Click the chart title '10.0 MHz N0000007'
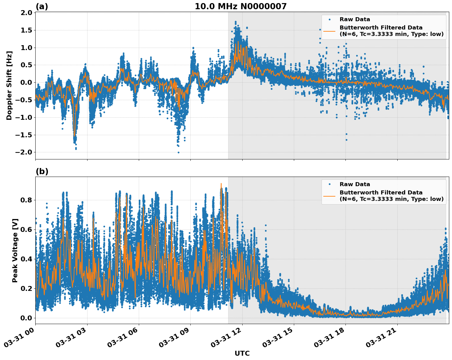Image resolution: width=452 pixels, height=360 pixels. [x=240, y=6]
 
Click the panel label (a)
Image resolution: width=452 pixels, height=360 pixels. [x=42, y=6]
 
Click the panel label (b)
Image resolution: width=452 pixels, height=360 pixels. [x=42, y=171]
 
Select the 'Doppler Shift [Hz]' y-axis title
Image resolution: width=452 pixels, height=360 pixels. [x=9, y=85]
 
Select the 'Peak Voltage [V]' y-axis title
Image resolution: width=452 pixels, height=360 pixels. [x=15, y=250]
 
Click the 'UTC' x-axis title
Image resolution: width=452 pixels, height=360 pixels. [x=242, y=353]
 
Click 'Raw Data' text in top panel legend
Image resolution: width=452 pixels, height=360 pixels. [x=355, y=19]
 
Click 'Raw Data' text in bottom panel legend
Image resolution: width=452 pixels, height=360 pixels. [x=355, y=184]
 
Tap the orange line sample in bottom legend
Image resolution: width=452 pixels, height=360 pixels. [x=329, y=196]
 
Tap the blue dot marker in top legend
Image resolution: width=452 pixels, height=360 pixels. [x=329, y=19]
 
